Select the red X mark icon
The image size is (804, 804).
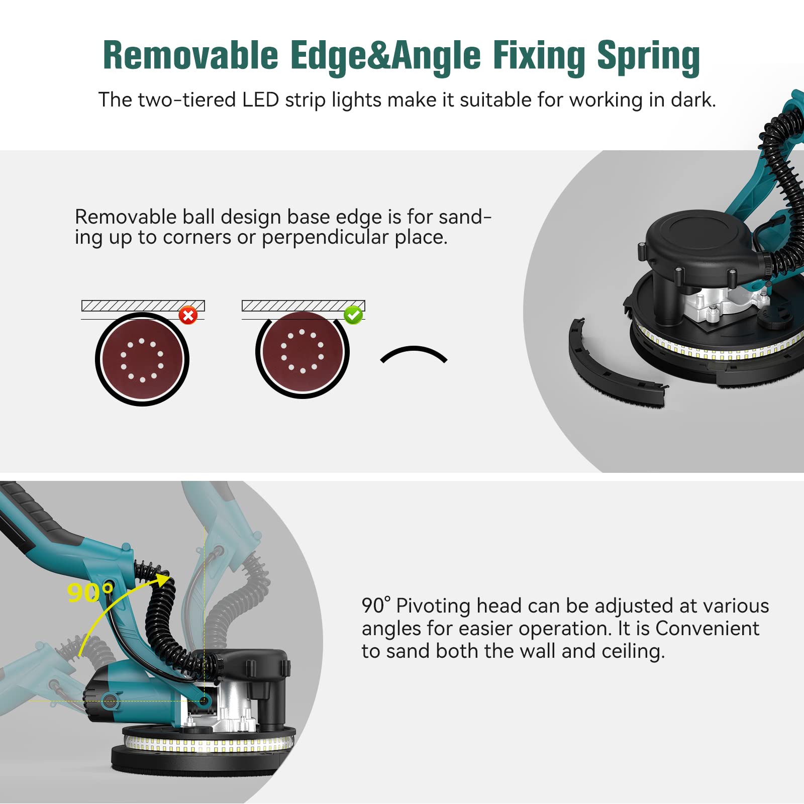(188, 316)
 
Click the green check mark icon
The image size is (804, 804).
(353, 315)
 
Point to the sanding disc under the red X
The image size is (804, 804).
(142, 359)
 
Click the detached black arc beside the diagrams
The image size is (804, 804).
(414, 353)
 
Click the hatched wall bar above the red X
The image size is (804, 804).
(143, 306)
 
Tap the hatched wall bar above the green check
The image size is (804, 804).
(303, 306)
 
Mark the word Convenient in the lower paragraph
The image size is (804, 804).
(707, 629)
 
